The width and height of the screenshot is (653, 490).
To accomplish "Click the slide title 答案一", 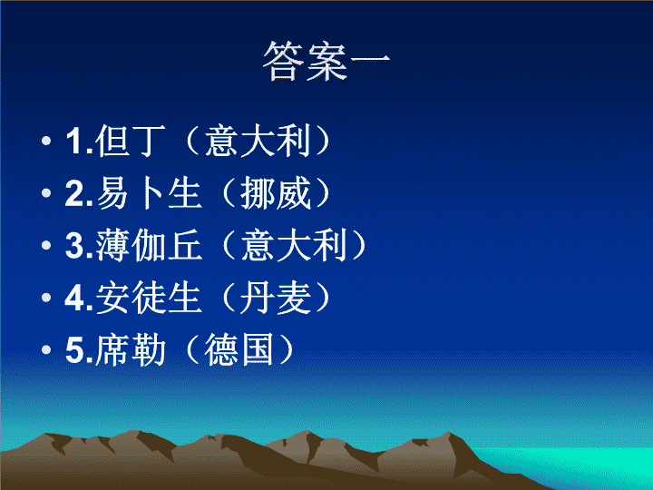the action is point(326,62).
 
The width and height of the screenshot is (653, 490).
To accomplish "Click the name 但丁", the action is point(131,141).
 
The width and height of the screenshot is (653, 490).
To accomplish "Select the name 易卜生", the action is point(149,193).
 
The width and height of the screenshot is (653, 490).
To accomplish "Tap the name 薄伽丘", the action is point(149,245).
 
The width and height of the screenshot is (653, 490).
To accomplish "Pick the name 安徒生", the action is point(149,297).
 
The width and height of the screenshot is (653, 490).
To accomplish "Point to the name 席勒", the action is point(131,349).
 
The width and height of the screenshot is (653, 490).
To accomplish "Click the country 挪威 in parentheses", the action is point(276,193).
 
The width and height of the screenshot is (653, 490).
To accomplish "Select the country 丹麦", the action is point(276,297).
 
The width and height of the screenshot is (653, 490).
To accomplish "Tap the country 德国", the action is point(239,349).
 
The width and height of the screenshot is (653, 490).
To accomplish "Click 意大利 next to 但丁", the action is point(258,141).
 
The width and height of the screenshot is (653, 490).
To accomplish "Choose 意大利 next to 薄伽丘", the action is point(294,245).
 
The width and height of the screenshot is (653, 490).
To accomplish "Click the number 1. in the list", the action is point(79,142).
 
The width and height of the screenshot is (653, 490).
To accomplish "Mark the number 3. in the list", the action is point(79,246).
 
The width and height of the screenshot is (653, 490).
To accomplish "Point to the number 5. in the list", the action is point(79,350).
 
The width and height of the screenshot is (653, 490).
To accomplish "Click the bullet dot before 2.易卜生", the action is point(46,193).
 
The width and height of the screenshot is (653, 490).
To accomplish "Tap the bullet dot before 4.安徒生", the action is point(46,297).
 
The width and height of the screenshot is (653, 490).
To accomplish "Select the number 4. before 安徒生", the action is point(79,298).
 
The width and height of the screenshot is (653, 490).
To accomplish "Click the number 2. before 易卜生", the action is point(79,194).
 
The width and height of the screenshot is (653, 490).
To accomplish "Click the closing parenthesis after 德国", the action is point(287,349).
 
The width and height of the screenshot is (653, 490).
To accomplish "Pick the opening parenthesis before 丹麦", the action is point(229,297).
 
